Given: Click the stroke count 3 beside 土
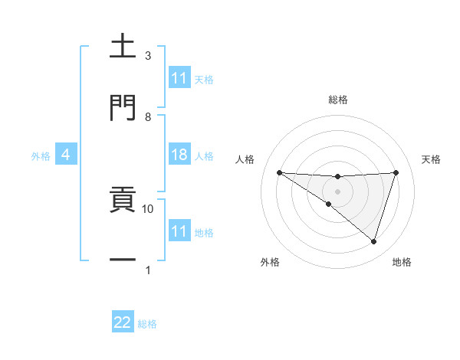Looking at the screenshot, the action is pyautogui.click(x=148, y=56).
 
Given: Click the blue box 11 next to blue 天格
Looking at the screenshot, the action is pyautogui.click(x=179, y=77).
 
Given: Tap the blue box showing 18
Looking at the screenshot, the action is pyautogui.click(x=179, y=155).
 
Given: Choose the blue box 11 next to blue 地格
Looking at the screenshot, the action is pyautogui.click(x=179, y=231).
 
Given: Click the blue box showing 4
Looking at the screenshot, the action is pyautogui.click(x=66, y=155).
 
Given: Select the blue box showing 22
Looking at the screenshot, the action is pyautogui.click(x=123, y=322).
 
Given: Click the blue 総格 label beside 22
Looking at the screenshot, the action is pyautogui.click(x=147, y=324).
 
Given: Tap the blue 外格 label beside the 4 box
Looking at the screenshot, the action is pyautogui.click(x=41, y=156).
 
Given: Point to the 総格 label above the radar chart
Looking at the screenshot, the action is pyautogui.click(x=337, y=100).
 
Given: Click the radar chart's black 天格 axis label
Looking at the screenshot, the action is pyautogui.click(x=431, y=159).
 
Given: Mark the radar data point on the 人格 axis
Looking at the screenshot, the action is pyautogui.click(x=280, y=172).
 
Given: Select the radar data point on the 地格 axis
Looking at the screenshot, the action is pyautogui.click(x=373, y=242).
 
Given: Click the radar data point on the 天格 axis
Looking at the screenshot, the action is pyautogui.click(x=396, y=172).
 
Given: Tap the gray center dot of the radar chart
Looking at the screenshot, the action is pyautogui.click(x=337, y=191).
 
